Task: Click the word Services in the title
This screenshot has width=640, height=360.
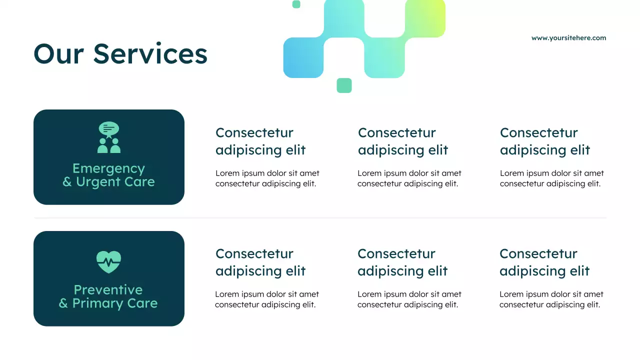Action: [x=150, y=54]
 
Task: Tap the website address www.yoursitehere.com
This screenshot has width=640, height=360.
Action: [x=568, y=38]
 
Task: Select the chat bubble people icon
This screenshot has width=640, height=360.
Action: [x=109, y=137]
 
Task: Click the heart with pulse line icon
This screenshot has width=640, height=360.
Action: [x=109, y=261]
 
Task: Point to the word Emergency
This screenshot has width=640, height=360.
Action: [x=108, y=168]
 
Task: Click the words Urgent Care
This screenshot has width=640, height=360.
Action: [x=115, y=182]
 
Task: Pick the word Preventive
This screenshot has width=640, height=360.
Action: [x=108, y=290]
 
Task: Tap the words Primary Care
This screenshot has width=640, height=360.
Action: [x=114, y=303]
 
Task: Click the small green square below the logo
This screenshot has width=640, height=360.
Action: [x=344, y=85]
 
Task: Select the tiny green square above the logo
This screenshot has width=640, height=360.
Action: [x=296, y=4]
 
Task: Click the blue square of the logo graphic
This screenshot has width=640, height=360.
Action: [x=303, y=58]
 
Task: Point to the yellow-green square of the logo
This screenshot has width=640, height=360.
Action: [x=425, y=17]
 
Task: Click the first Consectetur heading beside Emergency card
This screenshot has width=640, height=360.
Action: [x=260, y=141]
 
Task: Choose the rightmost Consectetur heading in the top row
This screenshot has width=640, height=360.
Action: [x=544, y=141]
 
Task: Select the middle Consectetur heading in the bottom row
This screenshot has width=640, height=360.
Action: [x=402, y=262]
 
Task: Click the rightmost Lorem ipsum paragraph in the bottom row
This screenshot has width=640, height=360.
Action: [x=551, y=299]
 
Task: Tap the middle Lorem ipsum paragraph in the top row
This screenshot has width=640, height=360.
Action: [x=409, y=178]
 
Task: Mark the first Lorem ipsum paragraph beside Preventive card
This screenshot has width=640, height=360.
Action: [x=267, y=299]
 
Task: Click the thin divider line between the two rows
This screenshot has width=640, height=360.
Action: [x=320, y=218]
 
